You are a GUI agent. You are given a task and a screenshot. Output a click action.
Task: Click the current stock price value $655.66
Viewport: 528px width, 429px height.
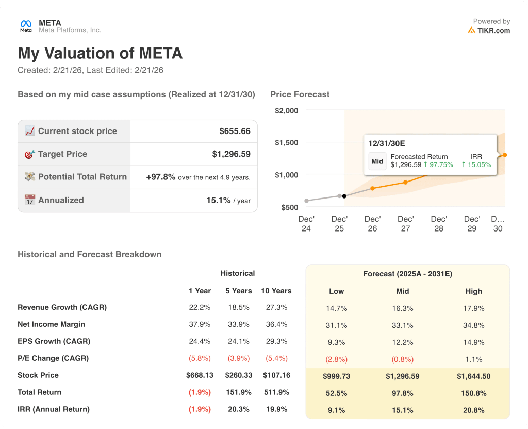click(x=235, y=131)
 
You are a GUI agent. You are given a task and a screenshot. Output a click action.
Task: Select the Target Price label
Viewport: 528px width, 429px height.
click(x=62, y=154)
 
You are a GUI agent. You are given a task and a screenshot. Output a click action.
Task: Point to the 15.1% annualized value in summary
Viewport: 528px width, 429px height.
click(x=218, y=200)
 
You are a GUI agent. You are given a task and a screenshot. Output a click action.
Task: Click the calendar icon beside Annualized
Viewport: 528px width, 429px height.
click(x=30, y=200)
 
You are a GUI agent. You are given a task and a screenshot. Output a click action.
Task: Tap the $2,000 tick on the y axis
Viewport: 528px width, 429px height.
click(x=286, y=111)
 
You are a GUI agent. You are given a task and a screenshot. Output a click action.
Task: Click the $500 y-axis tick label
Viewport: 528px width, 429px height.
click(x=289, y=207)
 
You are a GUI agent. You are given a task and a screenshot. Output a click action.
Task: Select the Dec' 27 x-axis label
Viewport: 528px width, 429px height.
click(x=406, y=224)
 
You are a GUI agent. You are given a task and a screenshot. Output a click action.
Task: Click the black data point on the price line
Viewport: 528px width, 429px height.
click(x=344, y=196)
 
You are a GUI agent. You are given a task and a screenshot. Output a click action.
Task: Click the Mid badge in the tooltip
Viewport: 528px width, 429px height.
click(x=377, y=161)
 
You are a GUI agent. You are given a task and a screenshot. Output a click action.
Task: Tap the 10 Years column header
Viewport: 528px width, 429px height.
click(x=276, y=291)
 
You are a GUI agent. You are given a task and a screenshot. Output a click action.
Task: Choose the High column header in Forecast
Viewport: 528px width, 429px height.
click(x=473, y=291)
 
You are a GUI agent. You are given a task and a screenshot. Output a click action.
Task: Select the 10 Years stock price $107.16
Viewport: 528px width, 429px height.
click(x=276, y=375)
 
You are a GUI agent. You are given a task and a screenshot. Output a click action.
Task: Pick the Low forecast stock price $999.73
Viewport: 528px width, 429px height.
click(x=336, y=376)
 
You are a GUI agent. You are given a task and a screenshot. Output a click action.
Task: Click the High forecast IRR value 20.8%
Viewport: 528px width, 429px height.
click(x=473, y=410)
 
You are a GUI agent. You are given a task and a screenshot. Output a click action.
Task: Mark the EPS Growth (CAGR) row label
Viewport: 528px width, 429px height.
click(x=54, y=341)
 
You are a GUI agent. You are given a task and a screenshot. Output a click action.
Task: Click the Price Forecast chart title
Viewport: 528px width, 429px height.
click(x=300, y=94)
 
